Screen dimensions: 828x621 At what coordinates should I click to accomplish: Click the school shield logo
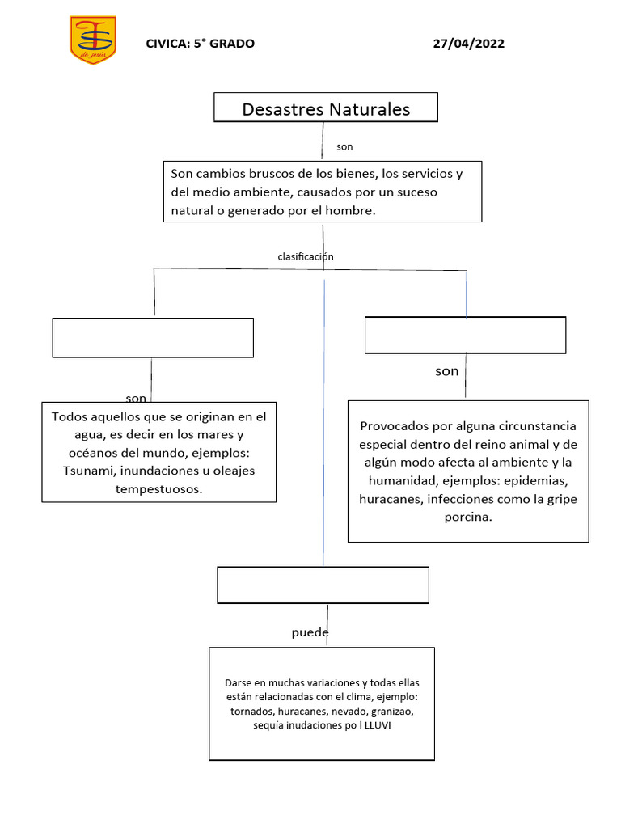[x=92, y=40]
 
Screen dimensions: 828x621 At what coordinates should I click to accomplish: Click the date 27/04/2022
[x=469, y=44]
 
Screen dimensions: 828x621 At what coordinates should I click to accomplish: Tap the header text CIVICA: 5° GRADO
[x=200, y=44]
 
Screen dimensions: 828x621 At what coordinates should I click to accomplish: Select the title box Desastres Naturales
[x=326, y=108]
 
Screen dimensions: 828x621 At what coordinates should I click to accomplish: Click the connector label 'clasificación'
[x=306, y=256]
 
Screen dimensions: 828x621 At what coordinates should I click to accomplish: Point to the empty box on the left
[x=153, y=338]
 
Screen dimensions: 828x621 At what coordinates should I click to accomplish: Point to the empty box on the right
[x=465, y=335]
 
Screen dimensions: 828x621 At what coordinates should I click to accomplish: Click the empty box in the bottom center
[x=323, y=585]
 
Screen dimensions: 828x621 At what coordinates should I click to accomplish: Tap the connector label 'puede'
[x=310, y=632]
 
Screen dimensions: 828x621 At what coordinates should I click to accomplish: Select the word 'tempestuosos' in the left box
[x=159, y=489]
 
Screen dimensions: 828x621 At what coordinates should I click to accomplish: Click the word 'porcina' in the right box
[x=468, y=517]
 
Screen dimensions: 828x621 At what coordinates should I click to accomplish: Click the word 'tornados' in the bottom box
[x=251, y=712]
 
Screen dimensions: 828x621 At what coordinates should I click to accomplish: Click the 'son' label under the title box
[x=344, y=147]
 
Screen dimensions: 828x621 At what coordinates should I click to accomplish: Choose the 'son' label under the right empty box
[x=446, y=371]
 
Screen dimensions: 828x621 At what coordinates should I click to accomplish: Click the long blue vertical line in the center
[x=324, y=420]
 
